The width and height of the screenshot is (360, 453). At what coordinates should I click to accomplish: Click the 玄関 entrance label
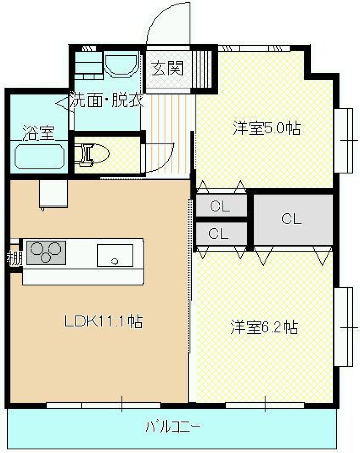click(168, 68)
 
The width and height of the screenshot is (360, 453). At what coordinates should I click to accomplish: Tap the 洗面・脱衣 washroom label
click(107, 101)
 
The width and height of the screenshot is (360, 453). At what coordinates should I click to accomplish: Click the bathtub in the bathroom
click(39, 157)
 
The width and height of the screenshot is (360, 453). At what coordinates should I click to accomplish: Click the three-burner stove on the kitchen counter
click(46, 252)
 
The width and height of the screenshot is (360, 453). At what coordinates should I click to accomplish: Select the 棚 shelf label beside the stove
click(14, 259)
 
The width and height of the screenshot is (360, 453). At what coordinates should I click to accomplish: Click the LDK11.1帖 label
click(103, 321)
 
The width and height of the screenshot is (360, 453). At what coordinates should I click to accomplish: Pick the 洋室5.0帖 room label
click(266, 128)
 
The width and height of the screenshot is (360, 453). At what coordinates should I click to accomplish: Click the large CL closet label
click(291, 219)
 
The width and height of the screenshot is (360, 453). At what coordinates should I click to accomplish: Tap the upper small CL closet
click(220, 206)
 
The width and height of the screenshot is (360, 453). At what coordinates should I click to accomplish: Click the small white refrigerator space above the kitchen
click(53, 194)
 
